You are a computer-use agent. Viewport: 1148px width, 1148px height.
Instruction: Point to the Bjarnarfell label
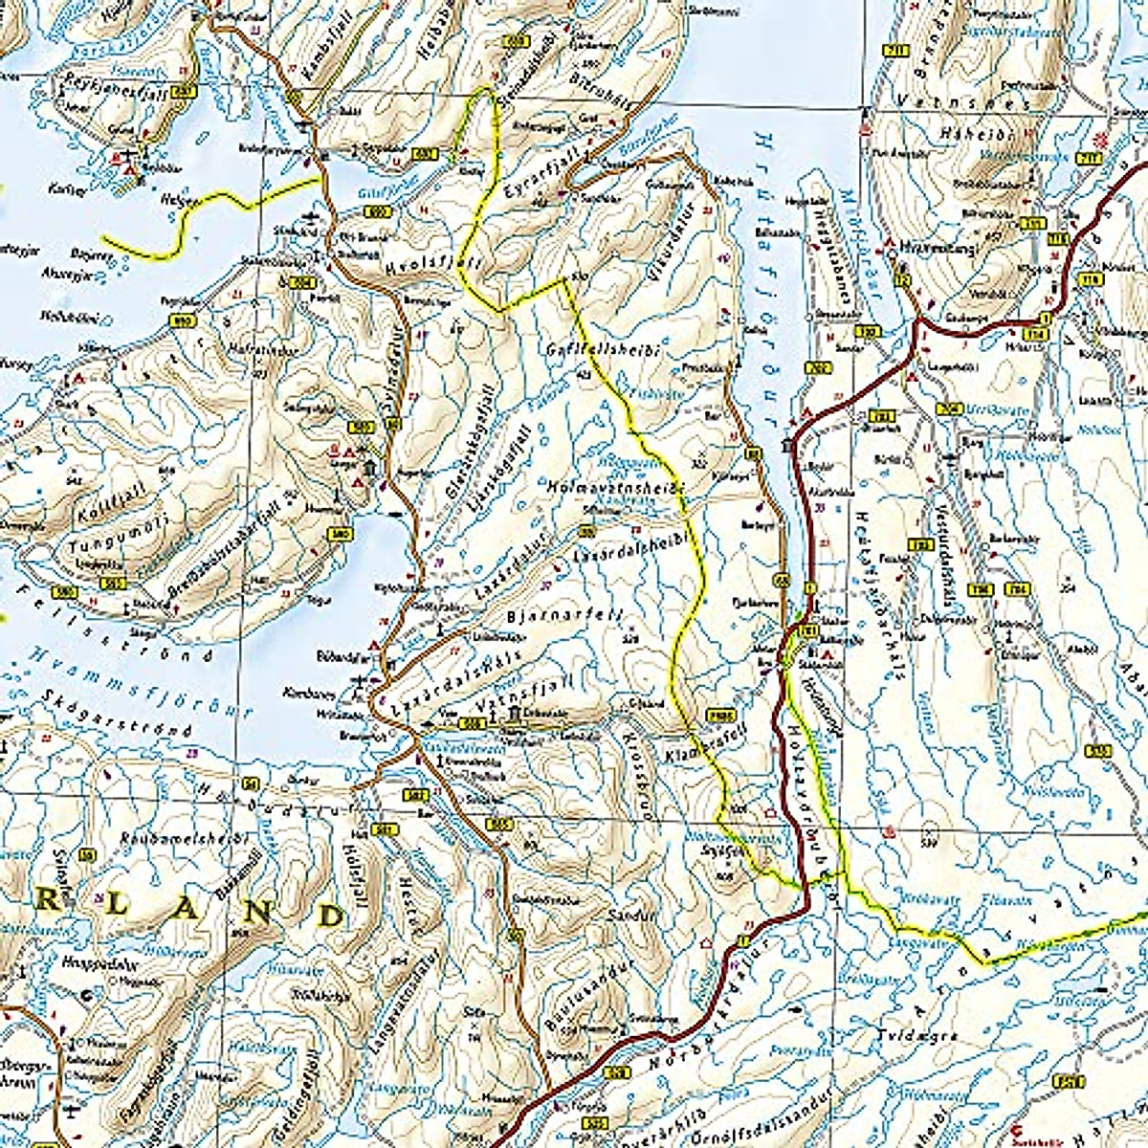[564, 616]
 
